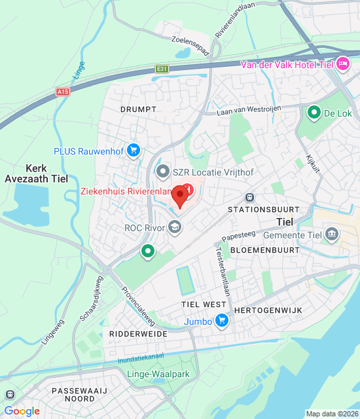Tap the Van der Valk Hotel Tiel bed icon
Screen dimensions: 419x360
click(342, 64)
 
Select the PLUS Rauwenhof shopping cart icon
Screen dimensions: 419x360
click(134, 151)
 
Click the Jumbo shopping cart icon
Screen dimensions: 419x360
click(223, 320)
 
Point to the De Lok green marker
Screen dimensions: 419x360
click(314, 113)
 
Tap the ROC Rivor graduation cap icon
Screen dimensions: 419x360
click(174, 227)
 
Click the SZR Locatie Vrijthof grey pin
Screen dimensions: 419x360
click(162, 172)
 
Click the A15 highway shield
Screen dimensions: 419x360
click(63, 92)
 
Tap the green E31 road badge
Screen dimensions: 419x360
click(162, 68)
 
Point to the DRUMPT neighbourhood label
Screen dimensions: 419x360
click(138, 109)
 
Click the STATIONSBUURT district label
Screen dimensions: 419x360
click(263, 209)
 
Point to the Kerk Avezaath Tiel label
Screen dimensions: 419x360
click(41, 173)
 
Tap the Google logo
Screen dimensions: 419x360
click(22, 410)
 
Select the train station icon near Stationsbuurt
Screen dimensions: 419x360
click(249, 197)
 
